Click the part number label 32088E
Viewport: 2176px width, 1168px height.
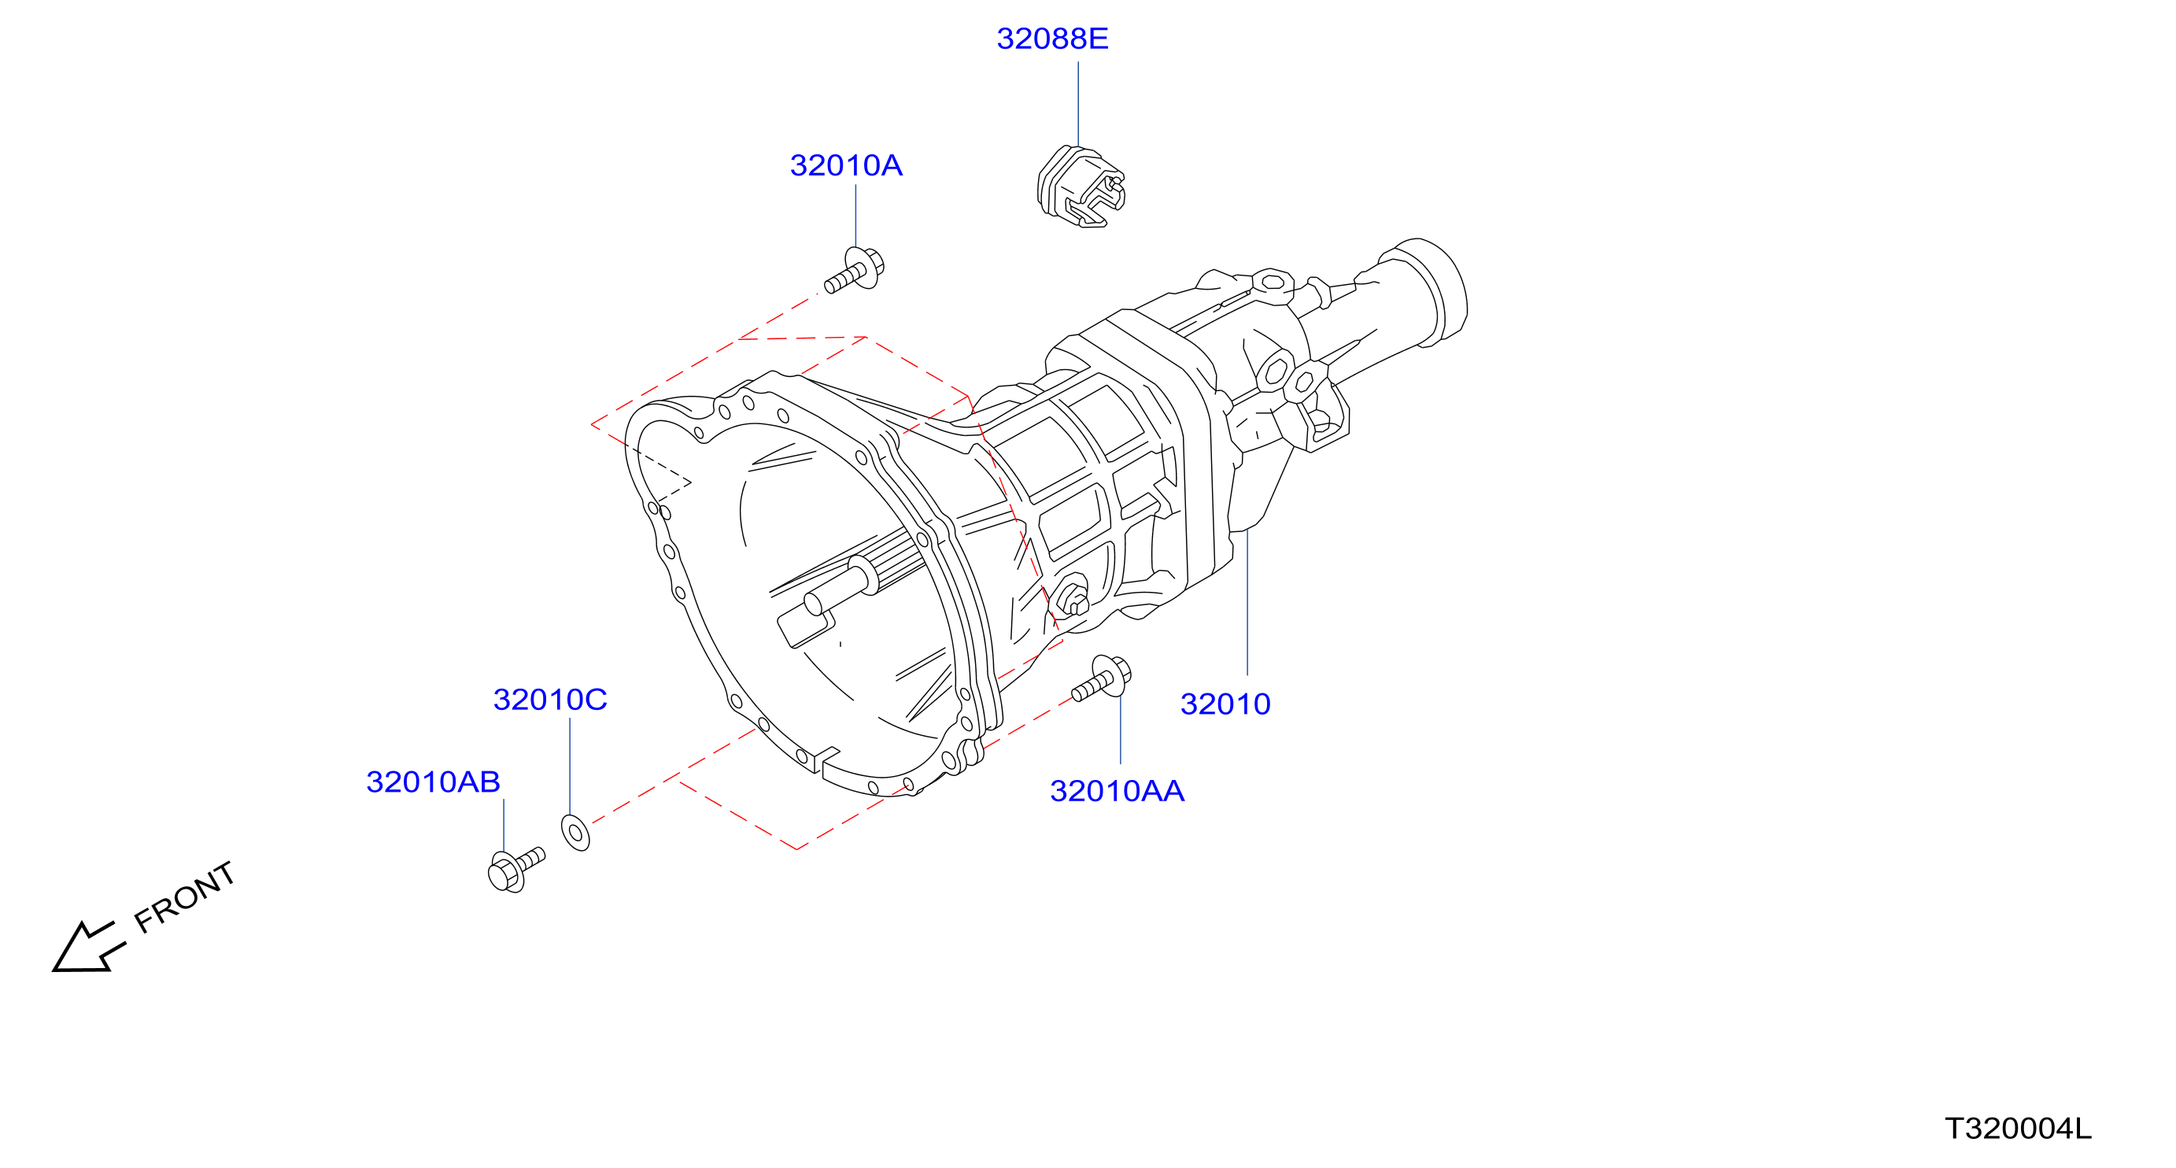(x=1051, y=39)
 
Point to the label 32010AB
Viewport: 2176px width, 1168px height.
(x=434, y=782)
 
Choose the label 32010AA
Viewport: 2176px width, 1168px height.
(x=1117, y=791)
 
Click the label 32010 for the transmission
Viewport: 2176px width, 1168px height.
(x=1225, y=704)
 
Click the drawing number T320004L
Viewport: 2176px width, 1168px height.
(x=2018, y=1129)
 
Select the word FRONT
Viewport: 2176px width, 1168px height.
(x=185, y=897)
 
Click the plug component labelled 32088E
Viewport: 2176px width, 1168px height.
(x=1081, y=187)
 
